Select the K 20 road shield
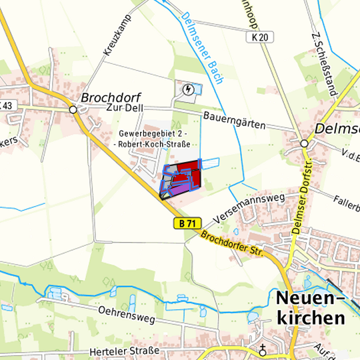click(x=263, y=38)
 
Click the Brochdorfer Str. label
click(x=233, y=244)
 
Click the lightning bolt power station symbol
click(x=189, y=90)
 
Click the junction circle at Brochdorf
click(x=73, y=109)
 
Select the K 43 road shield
click(x=6, y=105)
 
